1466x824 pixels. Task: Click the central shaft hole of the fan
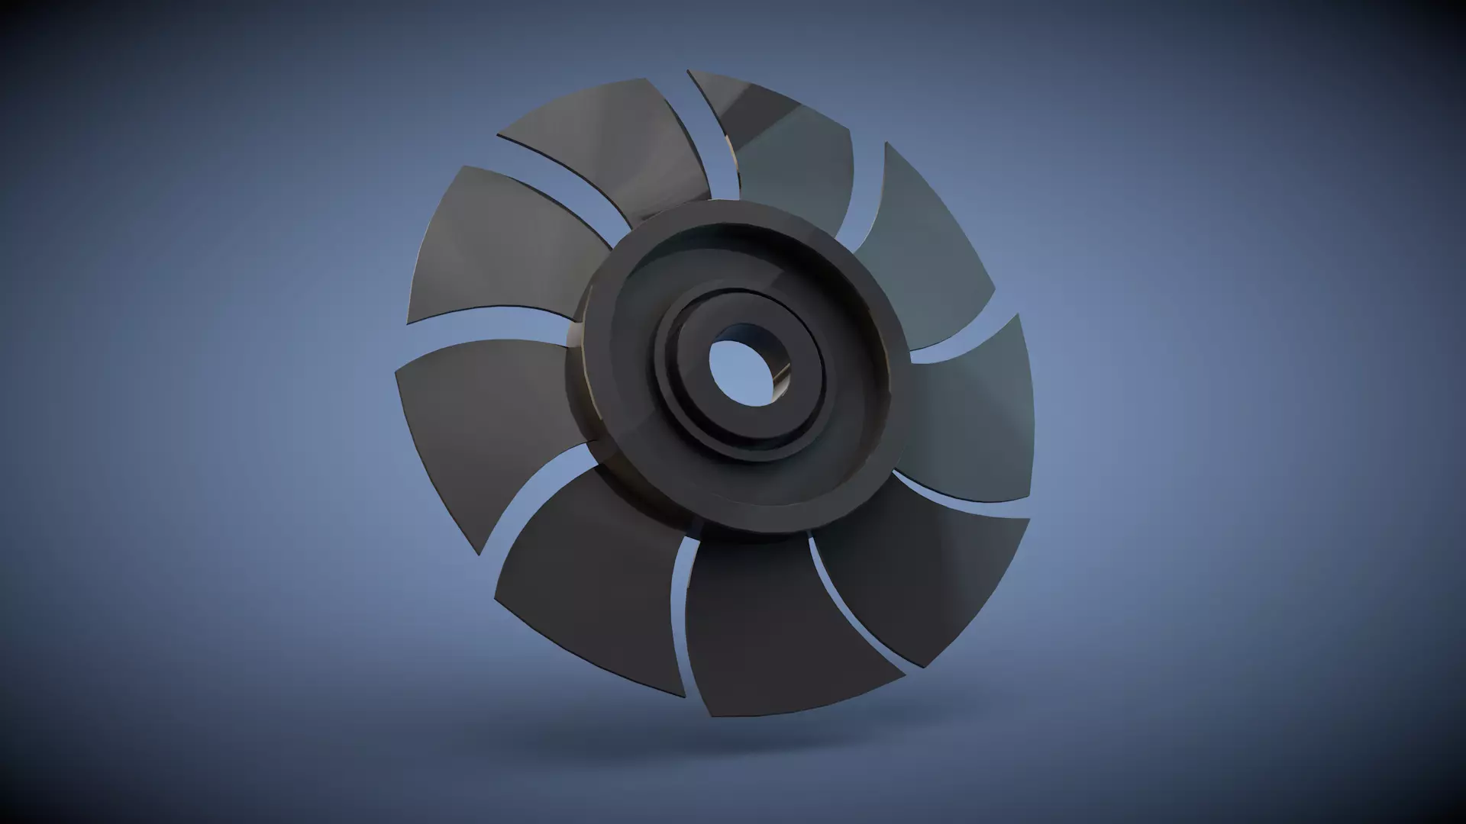click(x=739, y=372)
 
